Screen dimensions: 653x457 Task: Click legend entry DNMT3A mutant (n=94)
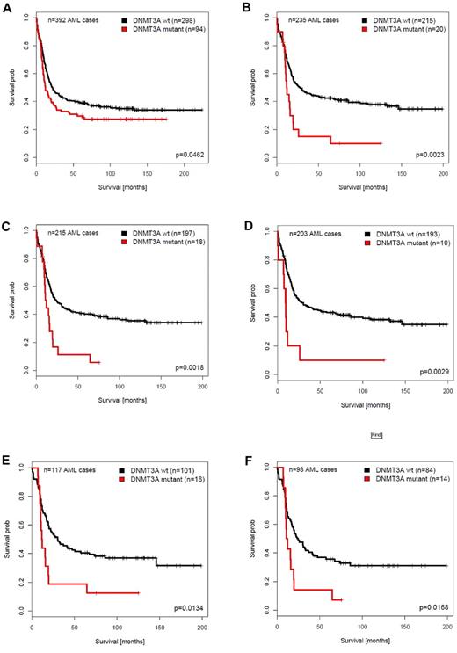point(165,27)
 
